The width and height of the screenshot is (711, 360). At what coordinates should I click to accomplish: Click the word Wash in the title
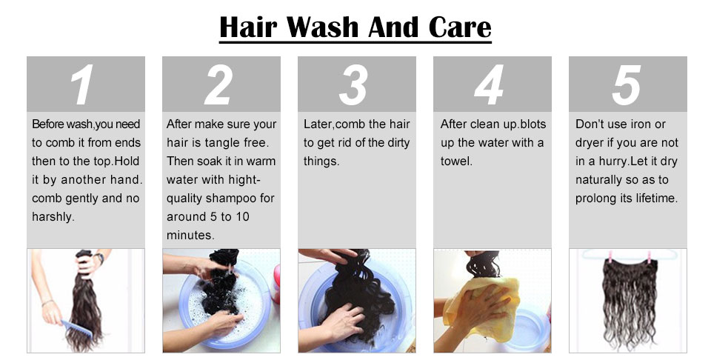pyautogui.click(x=322, y=27)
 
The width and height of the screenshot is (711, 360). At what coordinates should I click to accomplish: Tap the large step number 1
pyautogui.click(x=81, y=84)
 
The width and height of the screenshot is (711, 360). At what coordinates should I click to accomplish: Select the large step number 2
pyautogui.click(x=218, y=84)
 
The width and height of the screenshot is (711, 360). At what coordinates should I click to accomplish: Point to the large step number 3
pyautogui.click(x=353, y=84)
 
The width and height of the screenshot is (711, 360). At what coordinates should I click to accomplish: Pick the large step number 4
pyautogui.click(x=489, y=84)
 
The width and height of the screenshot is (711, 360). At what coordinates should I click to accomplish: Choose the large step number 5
pyautogui.click(x=627, y=84)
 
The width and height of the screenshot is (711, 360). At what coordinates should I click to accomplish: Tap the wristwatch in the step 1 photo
pyautogui.click(x=99, y=258)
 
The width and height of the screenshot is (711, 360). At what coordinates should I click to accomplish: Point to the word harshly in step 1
pyautogui.click(x=53, y=217)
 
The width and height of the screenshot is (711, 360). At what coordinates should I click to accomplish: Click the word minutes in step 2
pyautogui.click(x=190, y=236)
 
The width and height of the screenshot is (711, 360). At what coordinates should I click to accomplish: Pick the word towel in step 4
pyautogui.click(x=456, y=161)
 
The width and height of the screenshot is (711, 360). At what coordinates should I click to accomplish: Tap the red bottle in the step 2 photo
pyautogui.click(x=276, y=284)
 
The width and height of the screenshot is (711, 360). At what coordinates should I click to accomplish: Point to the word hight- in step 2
pyautogui.click(x=244, y=180)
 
